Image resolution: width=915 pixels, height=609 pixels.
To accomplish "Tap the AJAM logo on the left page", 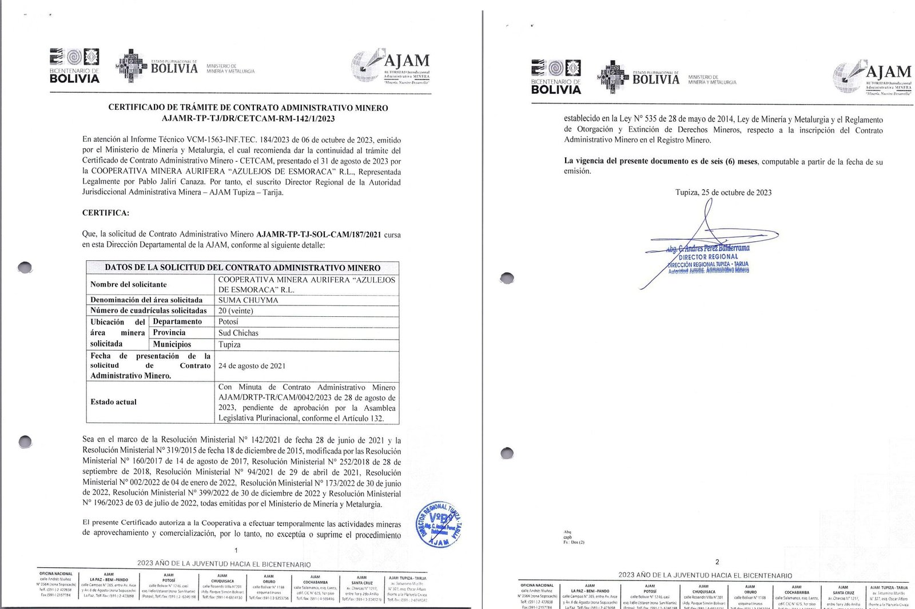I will tap(391, 67).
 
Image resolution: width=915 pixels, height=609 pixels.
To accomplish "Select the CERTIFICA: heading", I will tap(106, 213).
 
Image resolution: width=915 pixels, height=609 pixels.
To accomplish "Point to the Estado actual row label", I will tap(113, 402).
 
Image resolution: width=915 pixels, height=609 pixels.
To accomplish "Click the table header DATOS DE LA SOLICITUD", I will tap(242, 268).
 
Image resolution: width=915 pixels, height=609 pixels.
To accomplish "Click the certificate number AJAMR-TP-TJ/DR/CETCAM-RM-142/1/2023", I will tap(248, 118).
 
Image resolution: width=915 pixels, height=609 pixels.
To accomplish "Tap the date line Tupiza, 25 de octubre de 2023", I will tap(723, 192).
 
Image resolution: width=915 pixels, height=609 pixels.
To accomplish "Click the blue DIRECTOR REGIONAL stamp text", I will tap(708, 257).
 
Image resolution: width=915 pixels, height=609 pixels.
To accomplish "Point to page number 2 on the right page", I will tap(717, 562).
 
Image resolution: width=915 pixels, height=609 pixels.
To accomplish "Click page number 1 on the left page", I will tap(236, 550).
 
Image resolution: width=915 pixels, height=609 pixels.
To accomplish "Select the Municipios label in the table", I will tap(172, 344).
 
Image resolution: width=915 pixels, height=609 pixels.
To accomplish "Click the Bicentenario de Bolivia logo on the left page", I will tap(74, 66).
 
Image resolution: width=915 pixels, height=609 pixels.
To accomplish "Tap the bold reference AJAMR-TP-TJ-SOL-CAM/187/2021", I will tap(319, 234).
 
